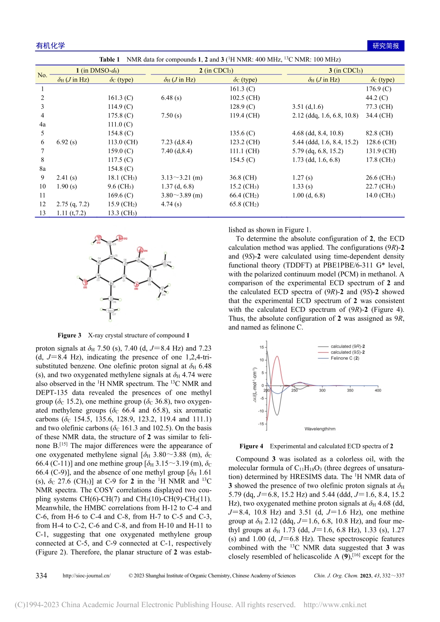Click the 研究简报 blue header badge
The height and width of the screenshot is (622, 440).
click(x=385, y=46)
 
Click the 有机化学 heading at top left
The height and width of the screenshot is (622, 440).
click(x=50, y=46)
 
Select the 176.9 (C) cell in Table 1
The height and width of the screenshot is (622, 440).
click(x=378, y=89)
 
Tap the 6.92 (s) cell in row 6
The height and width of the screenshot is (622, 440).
click(x=67, y=142)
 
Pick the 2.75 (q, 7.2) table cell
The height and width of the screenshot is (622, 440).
click(x=73, y=204)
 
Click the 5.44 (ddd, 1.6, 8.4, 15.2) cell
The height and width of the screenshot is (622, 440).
click(x=325, y=142)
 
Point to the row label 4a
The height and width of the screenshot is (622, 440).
click(x=43, y=124)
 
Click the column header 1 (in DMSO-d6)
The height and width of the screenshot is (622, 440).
click(x=97, y=71)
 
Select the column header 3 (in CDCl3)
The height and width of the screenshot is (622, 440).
click(x=346, y=71)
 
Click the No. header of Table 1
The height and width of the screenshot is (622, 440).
click(x=43, y=75)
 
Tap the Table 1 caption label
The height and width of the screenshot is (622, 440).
click(x=109, y=60)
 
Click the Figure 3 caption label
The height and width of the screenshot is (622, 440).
click(x=69, y=336)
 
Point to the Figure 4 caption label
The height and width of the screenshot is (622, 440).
click(x=251, y=446)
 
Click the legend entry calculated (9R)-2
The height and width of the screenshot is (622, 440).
click(x=347, y=346)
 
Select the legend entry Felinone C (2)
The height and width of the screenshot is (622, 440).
click(x=345, y=358)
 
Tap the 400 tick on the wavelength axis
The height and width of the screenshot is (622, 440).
click(x=378, y=391)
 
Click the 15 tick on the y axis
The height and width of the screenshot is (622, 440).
click(x=262, y=347)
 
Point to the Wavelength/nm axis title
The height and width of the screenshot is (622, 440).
click(x=320, y=429)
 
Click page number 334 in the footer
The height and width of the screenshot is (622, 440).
click(x=41, y=576)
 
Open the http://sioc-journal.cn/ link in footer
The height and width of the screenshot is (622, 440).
click(x=87, y=576)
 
